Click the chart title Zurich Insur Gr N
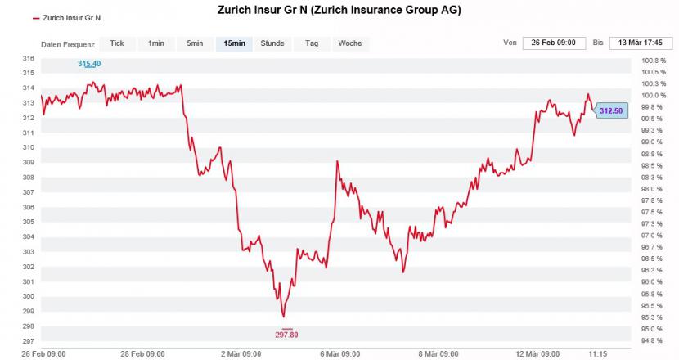pos(339,11)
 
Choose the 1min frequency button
pos(156,43)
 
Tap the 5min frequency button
pos(195,43)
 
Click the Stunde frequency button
pos(272,43)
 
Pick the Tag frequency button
pos(311,43)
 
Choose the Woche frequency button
pos(349,43)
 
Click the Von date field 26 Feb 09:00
pos(554,43)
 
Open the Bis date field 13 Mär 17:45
pos(641,43)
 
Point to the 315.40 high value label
pos(89,64)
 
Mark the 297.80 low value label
pos(286,334)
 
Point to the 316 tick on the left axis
pos(29,59)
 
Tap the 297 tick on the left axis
pos(29,341)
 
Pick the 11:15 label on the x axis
pos(597,354)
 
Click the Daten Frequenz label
pos(68,44)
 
